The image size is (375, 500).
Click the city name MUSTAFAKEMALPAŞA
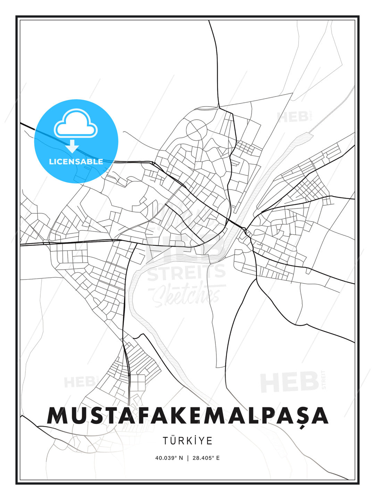click(x=187, y=415)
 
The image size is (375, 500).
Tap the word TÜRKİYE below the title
click(x=187, y=441)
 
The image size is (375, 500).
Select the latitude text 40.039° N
click(x=169, y=458)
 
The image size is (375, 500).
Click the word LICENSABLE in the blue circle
click(x=76, y=161)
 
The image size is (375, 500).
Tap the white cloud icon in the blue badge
click(x=75, y=123)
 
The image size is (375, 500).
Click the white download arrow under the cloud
click(x=72, y=146)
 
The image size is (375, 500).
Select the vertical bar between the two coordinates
click(x=188, y=458)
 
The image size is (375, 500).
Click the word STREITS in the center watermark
click(x=186, y=273)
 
